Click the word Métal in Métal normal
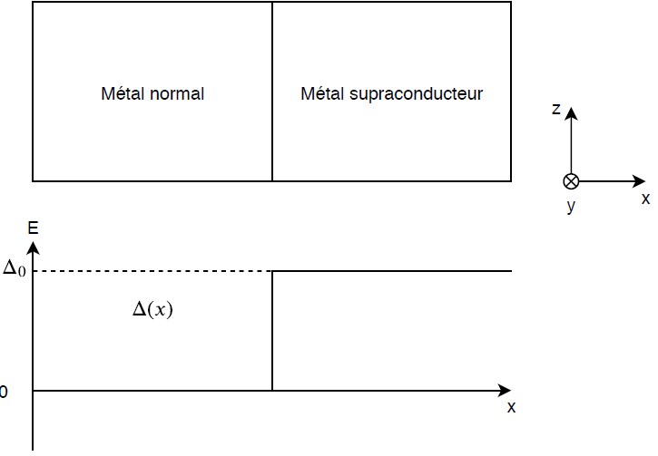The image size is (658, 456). point(123,93)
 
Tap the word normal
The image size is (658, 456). point(177,93)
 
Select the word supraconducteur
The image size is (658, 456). point(416,94)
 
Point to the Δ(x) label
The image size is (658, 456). point(152,309)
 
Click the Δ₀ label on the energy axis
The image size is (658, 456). point(15,267)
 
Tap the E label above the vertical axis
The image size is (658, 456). point(33,228)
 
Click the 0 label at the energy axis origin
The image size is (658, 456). point(4,392)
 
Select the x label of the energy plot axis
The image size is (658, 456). point(511,407)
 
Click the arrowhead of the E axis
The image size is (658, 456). point(33,248)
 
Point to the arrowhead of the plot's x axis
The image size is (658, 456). point(505,391)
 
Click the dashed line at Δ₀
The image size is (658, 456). point(152,271)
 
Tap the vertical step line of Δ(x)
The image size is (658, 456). point(272,331)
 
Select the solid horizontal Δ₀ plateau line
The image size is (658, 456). point(392,271)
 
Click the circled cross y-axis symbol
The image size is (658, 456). point(571,181)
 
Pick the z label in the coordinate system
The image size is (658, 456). point(556,109)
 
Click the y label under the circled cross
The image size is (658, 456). point(571,206)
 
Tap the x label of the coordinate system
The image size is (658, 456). point(645,199)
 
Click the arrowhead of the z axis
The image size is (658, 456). point(571,113)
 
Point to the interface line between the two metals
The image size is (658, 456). point(272,92)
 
